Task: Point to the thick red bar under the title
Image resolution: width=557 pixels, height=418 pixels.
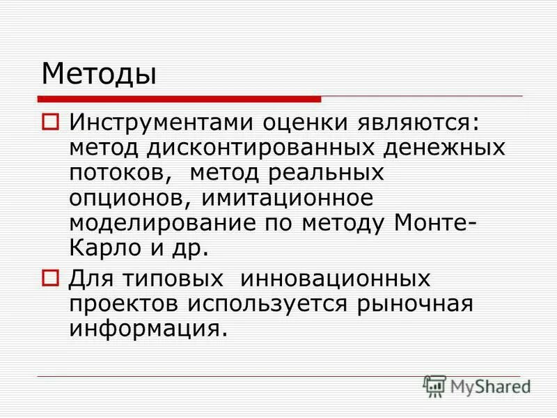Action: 180,99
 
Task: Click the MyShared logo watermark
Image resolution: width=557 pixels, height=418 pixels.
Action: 478,385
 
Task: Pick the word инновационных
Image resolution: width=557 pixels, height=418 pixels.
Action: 336,279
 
